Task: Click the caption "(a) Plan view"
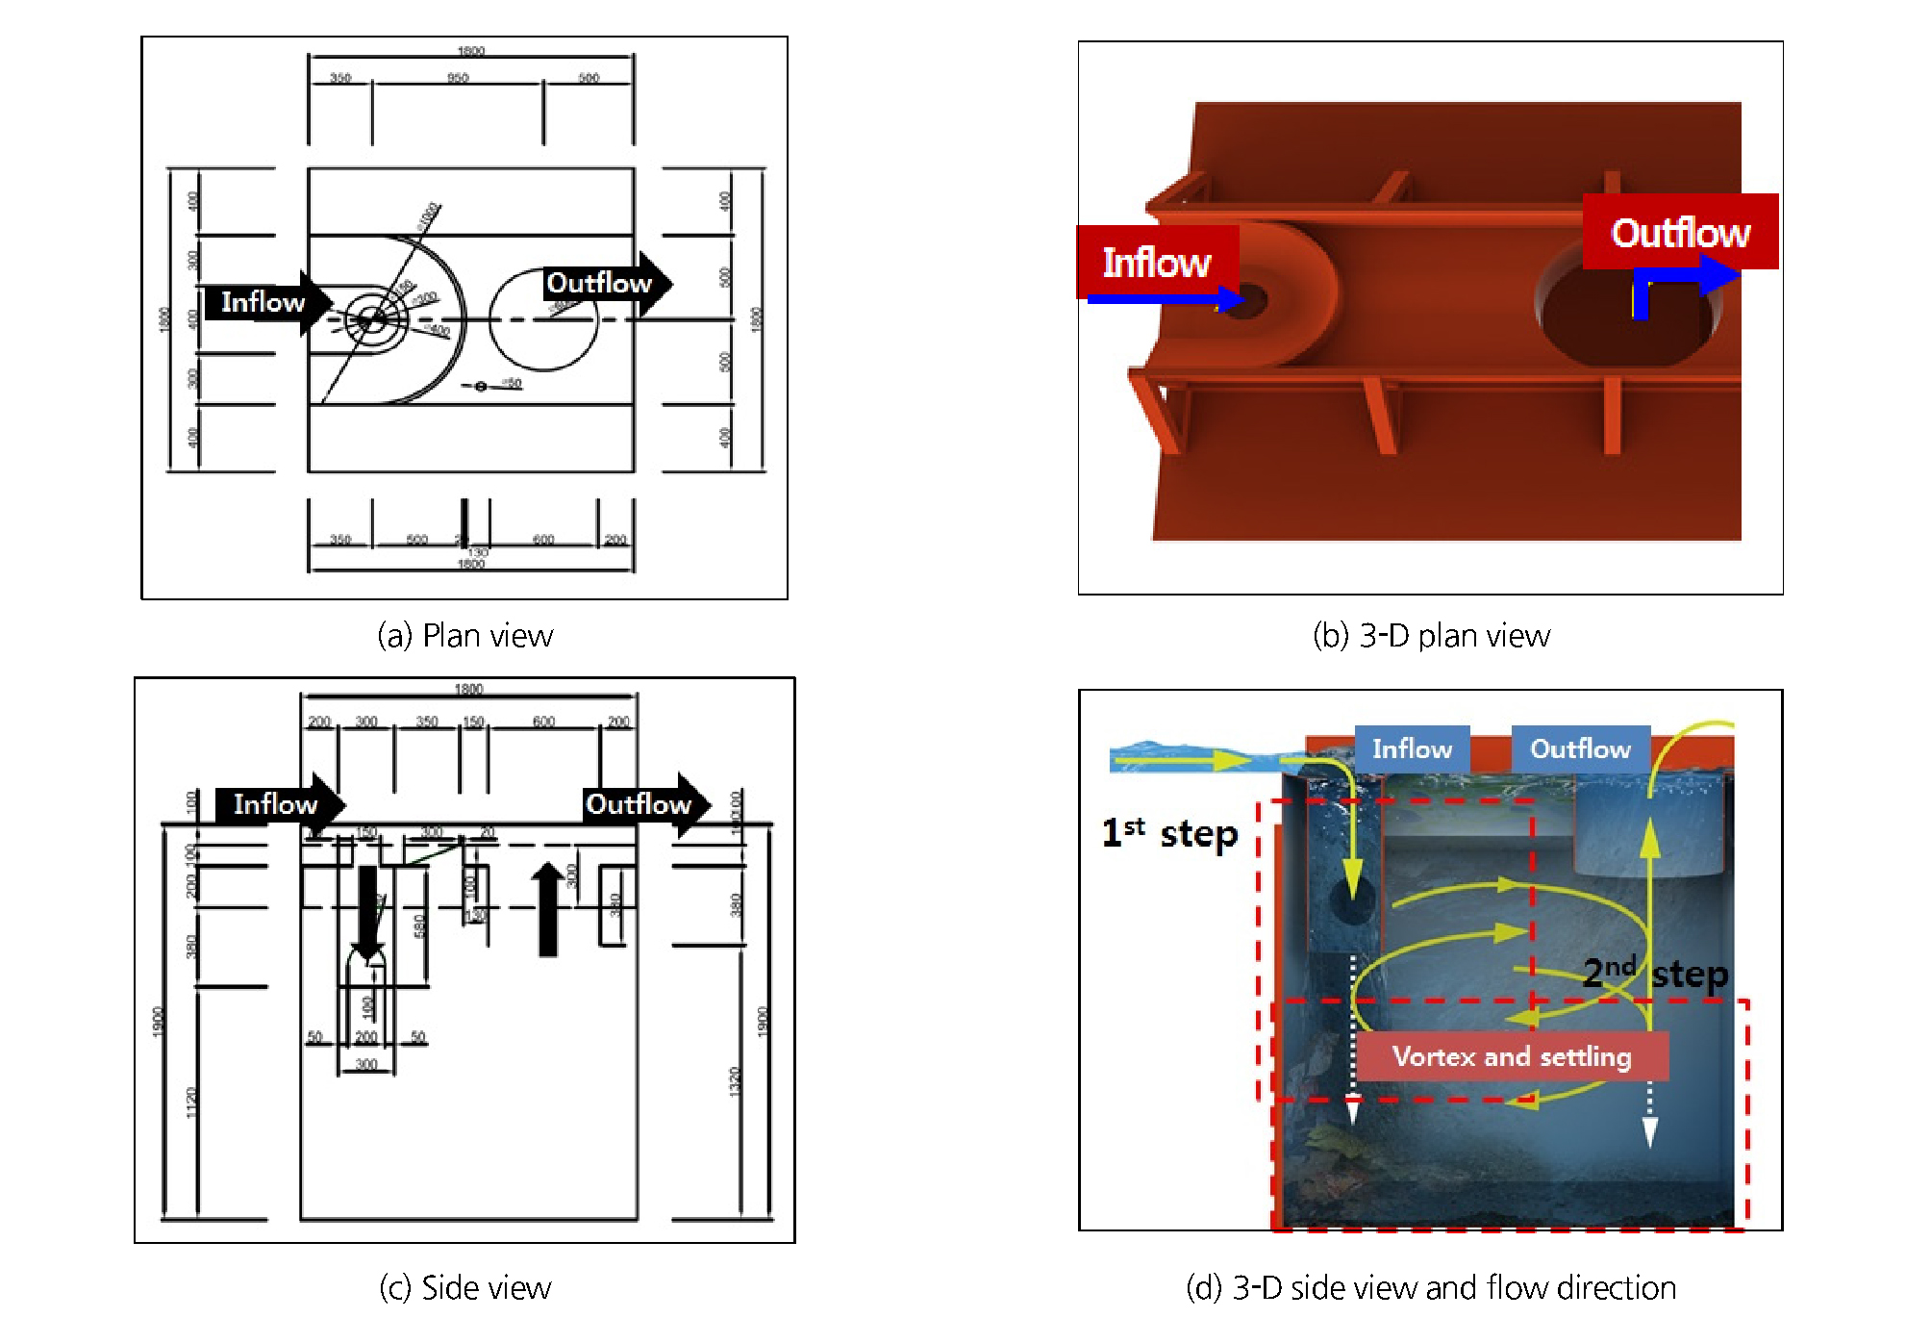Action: [464, 636]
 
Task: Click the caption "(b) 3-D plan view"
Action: [1431, 636]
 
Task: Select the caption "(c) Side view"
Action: [464, 1287]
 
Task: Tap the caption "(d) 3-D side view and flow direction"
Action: [1431, 1287]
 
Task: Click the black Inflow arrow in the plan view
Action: [265, 302]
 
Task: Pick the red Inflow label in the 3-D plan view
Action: [1157, 262]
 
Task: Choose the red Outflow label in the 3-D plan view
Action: [1680, 232]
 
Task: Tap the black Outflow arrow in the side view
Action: [642, 803]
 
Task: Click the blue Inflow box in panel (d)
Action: [1412, 748]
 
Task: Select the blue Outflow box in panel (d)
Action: [1580, 748]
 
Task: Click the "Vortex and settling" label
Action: [1512, 1056]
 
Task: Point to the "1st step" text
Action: [1169, 833]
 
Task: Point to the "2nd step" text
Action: [1655, 973]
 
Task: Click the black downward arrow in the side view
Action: [367, 909]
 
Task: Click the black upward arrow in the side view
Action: [548, 909]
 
